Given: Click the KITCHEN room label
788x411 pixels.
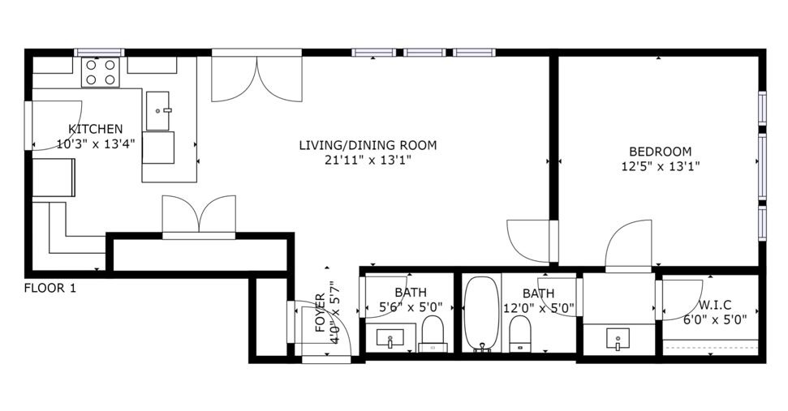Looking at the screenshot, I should coord(96,129).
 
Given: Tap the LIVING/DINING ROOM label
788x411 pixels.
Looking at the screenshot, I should coord(368,146).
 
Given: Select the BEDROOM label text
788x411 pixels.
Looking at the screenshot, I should coord(661,152).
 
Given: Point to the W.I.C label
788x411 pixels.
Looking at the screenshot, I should coord(715,305).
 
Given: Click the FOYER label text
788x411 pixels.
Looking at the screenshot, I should coord(321,313).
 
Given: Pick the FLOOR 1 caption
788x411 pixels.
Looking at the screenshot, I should coord(50,287).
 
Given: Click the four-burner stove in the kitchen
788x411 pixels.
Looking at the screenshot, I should coord(101,72).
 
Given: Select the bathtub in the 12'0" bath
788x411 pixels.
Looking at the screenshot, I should coord(481,314).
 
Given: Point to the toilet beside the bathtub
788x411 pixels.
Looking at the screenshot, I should coord(519,333).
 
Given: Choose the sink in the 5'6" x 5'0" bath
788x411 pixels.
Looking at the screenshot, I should coord(391,337).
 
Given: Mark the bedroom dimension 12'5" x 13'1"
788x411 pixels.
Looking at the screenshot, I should coord(661,167).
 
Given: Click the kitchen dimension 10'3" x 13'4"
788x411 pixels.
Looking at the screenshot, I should coord(96,143).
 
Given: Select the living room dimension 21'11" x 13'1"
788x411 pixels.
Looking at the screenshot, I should coord(368,161).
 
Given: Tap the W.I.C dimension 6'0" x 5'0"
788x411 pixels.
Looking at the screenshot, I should coord(715,319).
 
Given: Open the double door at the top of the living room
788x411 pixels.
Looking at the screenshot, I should coord(256,79).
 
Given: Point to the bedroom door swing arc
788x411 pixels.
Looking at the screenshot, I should coord(628,243).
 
